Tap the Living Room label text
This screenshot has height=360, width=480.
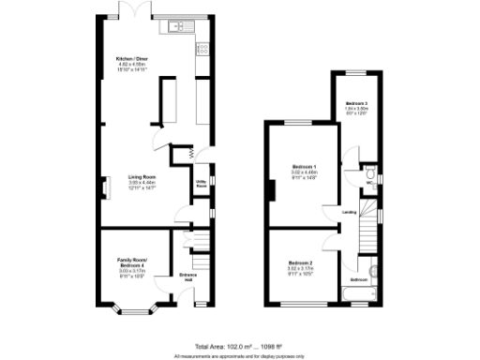click(x=142, y=176)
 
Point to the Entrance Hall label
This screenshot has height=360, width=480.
click(x=187, y=277)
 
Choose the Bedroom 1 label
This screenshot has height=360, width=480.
click(x=302, y=167)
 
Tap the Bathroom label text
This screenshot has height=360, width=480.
click(x=359, y=279)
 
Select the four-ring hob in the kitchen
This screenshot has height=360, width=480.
click(x=201, y=48)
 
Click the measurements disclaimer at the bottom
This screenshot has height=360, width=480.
click(x=240, y=356)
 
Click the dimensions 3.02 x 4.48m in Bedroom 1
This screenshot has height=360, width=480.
click(x=302, y=172)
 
